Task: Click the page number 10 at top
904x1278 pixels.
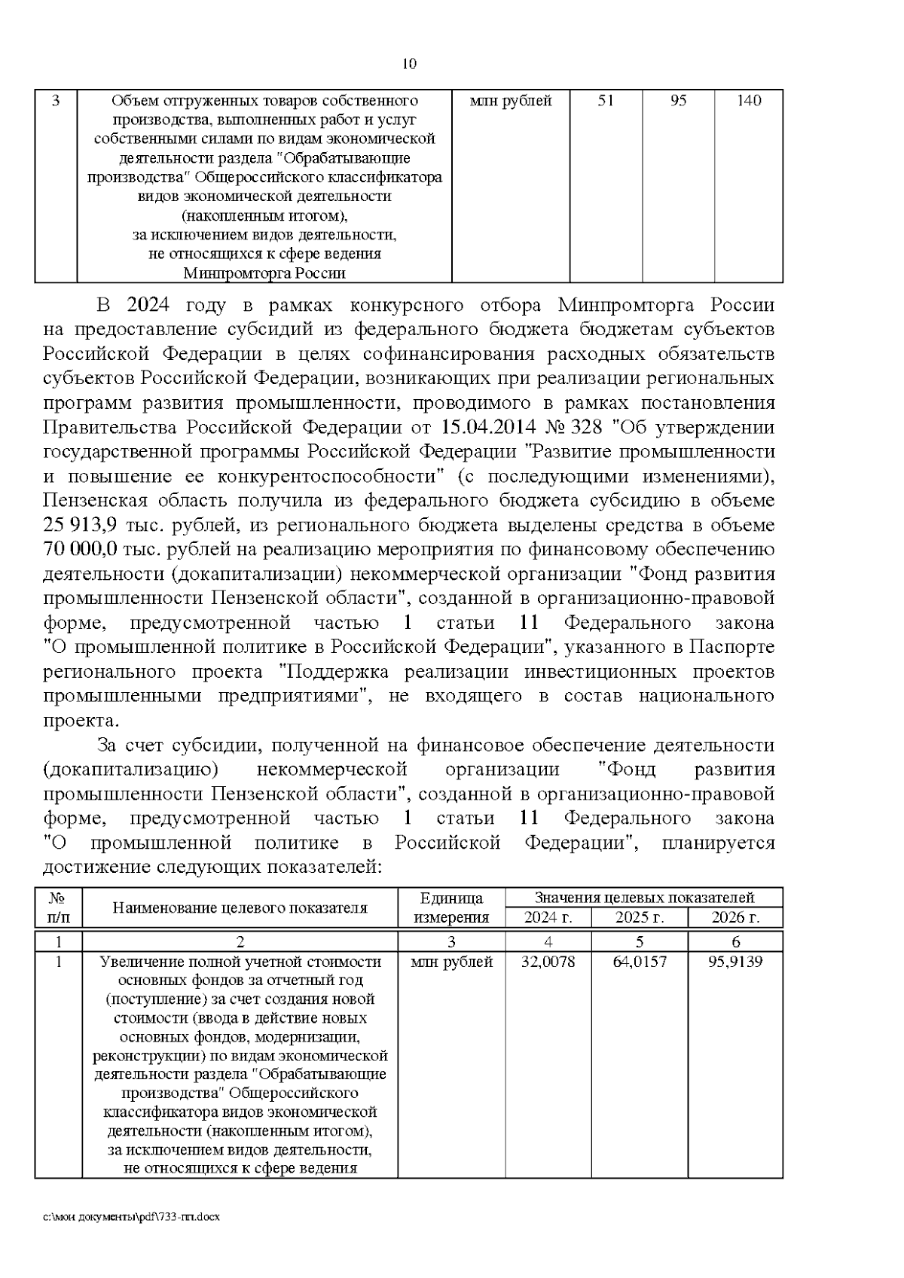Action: click(410, 64)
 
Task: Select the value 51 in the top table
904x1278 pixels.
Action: click(606, 101)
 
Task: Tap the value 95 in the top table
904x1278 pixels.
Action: click(678, 101)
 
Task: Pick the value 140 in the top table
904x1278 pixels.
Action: click(749, 101)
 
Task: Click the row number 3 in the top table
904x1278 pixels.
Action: click(56, 101)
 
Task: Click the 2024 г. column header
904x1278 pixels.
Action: click(548, 917)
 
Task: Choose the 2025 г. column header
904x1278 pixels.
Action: click(640, 917)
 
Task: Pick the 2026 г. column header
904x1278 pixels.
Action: click(735, 917)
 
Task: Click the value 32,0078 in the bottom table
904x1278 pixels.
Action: click(548, 962)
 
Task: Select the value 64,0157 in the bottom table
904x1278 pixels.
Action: click(640, 962)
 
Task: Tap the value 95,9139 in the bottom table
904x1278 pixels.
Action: click(735, 962)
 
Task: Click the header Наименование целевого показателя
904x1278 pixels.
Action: click(240, 907)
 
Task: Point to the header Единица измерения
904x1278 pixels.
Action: click(451, 907)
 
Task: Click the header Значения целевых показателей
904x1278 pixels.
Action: click(644, 898)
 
